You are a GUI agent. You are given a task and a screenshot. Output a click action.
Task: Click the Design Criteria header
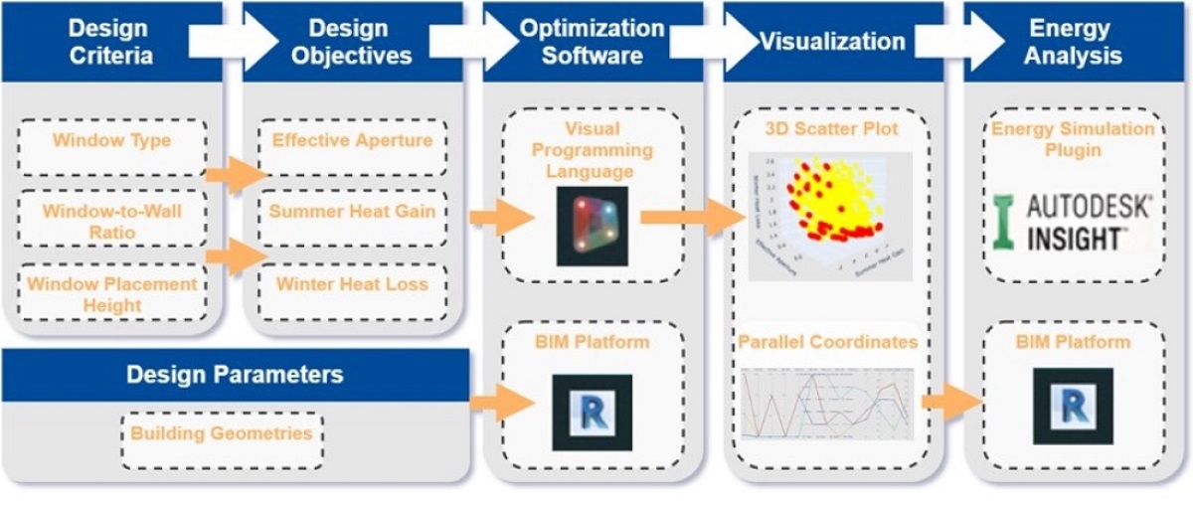[x=111, y=41]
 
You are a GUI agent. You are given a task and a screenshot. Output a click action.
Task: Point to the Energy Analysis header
[x=1073, y=41]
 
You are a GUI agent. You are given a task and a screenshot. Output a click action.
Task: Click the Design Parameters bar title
[x=235, y=375]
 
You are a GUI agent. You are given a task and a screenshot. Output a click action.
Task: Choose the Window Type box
[x=111, y=141]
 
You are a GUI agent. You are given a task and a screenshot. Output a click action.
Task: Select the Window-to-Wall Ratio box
[x=111, y=221]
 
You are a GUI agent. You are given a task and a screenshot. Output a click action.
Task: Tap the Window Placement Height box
[x=111, y=294]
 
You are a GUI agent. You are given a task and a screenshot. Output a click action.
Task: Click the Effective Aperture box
[x=352, y=141]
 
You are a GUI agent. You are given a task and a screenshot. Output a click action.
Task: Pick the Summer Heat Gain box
[x=352, y=212]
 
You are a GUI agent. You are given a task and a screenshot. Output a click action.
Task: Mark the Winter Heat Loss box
[x=352, y=285]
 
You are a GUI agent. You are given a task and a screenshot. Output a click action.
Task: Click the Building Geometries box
[x=221, y=434]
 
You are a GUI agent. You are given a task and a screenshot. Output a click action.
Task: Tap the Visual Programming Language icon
[x=593, y=226]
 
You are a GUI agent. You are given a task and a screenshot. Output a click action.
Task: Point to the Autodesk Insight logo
[x=1073, y=222]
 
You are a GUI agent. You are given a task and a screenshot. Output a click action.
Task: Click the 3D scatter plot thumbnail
[x=827, y=215]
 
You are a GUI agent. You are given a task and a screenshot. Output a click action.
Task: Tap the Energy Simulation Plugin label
[x=1073, y=139]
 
